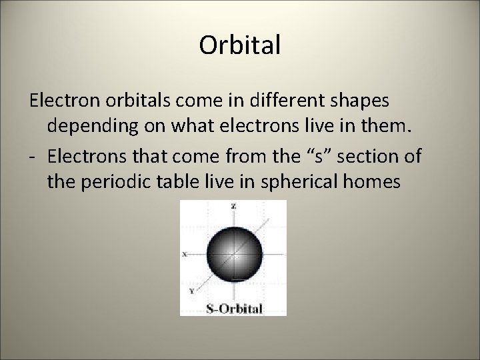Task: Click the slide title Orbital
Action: pos(240,46)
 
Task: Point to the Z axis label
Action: pos(233,207)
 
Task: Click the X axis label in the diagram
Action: pos(184,254)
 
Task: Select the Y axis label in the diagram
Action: pos(192,291)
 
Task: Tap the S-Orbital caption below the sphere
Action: pos(233,308)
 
